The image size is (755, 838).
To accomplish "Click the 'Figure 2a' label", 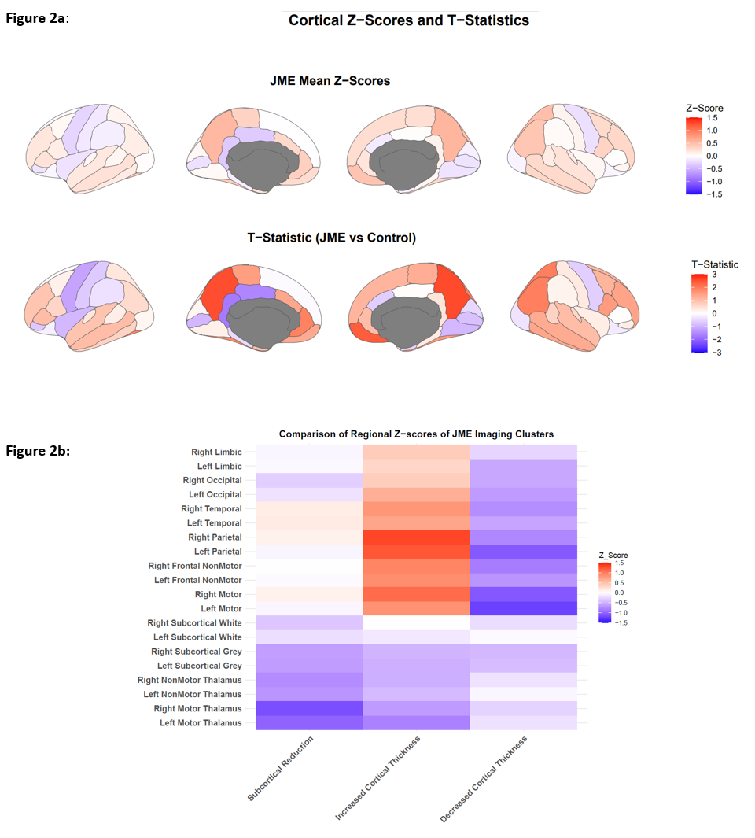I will pos(37,17).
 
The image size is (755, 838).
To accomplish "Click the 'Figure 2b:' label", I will pos(38,451).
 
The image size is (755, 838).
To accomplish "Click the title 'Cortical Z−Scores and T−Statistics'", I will pos(409,20).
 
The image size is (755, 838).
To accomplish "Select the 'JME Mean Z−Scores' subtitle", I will pos(330,81).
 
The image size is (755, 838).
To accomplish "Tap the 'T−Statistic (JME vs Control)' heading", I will pos(330,237).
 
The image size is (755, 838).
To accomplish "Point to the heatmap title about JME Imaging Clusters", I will pos(416,434).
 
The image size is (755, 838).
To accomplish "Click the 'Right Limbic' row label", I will pos(216,452).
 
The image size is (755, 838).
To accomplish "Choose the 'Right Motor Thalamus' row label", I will pos(199,708).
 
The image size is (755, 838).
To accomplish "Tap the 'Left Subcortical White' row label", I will pos(197,637).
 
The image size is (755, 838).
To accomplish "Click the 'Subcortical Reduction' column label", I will pos(282,769).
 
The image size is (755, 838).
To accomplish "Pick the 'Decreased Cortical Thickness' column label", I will pos(484,779).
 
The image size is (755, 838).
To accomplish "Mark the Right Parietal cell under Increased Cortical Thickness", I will pos(416,537).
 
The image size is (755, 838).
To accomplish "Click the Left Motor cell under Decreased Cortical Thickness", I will pos(523,608).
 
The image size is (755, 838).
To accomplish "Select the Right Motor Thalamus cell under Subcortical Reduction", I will pos(308,708).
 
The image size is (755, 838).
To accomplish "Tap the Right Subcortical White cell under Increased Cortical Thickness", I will pos(416,622).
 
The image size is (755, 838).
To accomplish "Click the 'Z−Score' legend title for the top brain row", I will pos(705,108).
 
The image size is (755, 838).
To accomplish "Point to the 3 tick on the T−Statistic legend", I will pos(714,275).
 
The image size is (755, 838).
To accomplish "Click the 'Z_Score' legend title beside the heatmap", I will pos(613,556).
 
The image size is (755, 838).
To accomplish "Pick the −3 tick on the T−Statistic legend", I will pos(716,352).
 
